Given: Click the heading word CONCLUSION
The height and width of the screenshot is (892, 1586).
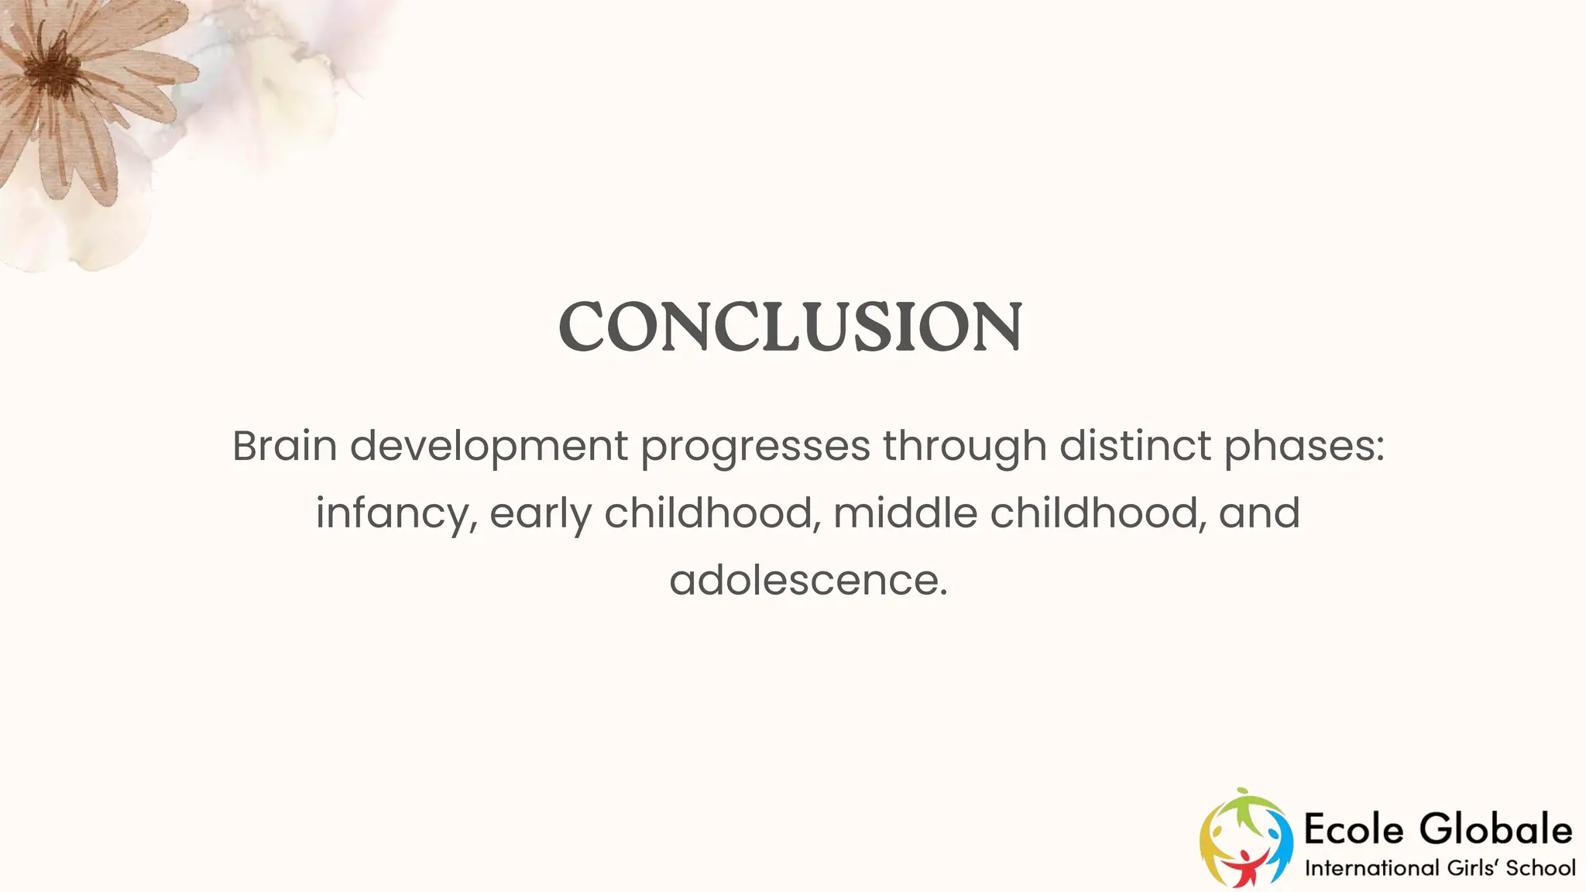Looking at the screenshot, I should (x=790, y=327).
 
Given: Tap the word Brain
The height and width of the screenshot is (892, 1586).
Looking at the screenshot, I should (x=284, y=446).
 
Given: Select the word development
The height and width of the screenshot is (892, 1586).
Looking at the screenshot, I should (x=489, y=448).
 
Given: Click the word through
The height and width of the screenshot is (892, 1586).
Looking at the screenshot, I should (x=964, y=448).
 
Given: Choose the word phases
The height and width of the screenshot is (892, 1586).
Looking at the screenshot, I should (x=1303, y=448).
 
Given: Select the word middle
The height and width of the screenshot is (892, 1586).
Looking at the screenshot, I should (x=905, y=513).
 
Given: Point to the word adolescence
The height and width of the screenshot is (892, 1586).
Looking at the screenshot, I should (x=808, y=580).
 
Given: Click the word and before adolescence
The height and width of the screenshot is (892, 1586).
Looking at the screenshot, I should (x=1259, y=513).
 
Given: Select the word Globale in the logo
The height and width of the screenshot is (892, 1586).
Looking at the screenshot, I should (x=1496, y=830).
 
